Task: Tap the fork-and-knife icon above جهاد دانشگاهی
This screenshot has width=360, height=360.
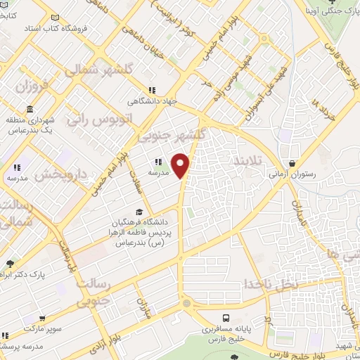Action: (x=152, y=89)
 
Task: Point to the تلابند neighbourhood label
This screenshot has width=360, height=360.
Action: (x=246, y=161)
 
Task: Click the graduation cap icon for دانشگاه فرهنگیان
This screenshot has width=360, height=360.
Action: (x=139, y=212)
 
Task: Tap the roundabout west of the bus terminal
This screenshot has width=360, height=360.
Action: (x=186, y=304)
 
